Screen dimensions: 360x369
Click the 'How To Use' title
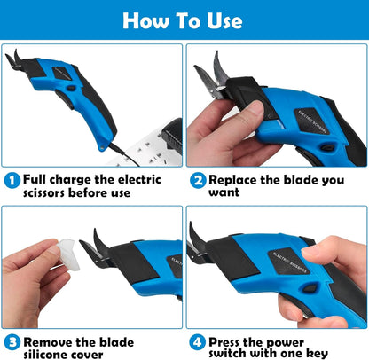coord(184,20)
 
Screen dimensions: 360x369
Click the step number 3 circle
coord(12,341)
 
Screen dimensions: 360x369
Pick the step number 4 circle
coord(197,341)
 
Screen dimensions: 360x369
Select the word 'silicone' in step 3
coord(50,355)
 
